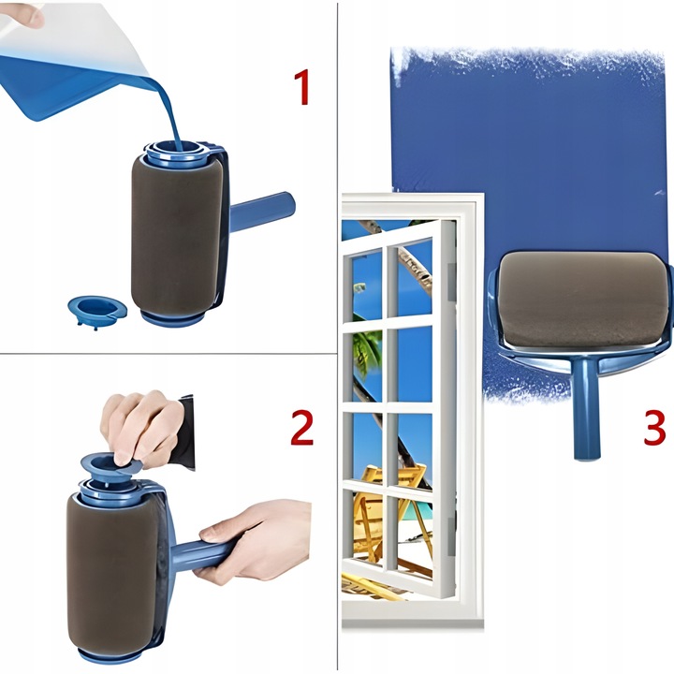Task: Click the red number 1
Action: pyautogui.click(x=302, y=87)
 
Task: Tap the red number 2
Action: pyautogui.click(x=301, y=427)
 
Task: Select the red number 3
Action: pyautogui.click(x=654, y=427)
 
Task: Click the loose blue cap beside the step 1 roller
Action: pyautogui.click(x=97, y=311)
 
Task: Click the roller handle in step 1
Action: pyautogui.click(x=262, y=212)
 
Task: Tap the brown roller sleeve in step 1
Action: pyautogui.click(x=177, y=234)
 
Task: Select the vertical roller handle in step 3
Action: pyautogui.click(x=586, y=408)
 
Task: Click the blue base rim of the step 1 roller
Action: pyautogui.click(x=173, y=319)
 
